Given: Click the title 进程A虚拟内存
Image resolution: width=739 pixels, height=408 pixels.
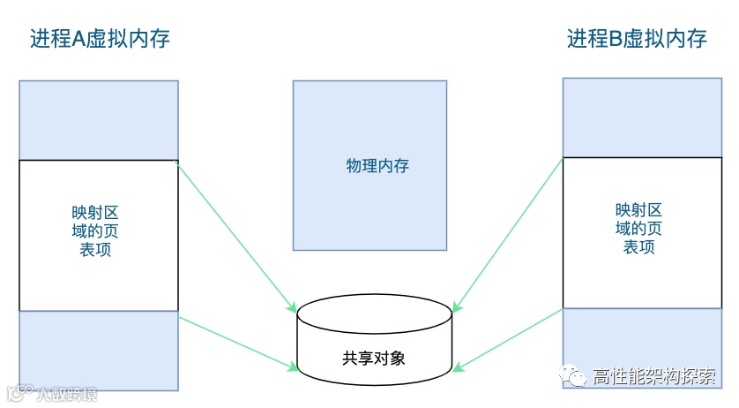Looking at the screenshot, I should tap(99, 39).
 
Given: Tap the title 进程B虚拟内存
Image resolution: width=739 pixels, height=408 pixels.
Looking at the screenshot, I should tap(637, 39).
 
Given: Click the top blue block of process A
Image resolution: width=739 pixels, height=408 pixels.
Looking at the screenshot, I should tap(99, 120).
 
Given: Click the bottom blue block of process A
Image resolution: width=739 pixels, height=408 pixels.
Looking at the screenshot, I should tap(99, 350).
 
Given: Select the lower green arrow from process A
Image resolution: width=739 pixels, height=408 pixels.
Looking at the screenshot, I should tap(235, 340).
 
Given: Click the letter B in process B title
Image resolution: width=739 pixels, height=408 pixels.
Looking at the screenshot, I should tap(616, 39).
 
